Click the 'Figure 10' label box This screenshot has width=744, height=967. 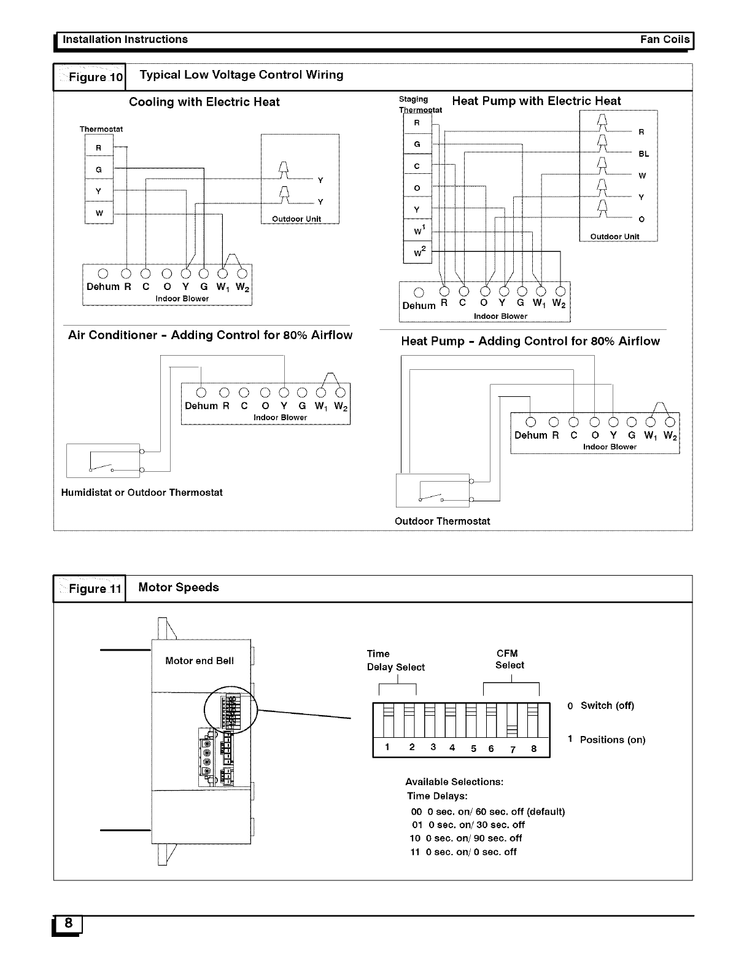(90, 77)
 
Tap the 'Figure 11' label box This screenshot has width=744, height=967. (90, 589)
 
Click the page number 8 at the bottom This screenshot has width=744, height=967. (68, 923)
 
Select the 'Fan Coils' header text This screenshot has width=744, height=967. (665, 39)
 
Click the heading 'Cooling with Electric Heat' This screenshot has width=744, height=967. (204, 102)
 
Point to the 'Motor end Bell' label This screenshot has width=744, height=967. (200, 661)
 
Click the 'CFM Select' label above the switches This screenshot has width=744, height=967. (510, 659)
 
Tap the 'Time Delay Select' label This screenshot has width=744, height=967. (395, 660)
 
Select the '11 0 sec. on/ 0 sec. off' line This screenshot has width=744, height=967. (463, 852)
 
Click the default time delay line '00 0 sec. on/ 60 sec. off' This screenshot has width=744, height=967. (487, 812)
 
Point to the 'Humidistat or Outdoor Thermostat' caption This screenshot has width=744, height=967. (142, 493)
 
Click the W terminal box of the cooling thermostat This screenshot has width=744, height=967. (99, 214)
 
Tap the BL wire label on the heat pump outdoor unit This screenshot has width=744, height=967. (643, 154)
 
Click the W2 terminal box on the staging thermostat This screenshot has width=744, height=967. (417, 251)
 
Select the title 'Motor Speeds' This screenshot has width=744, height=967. (179, 587)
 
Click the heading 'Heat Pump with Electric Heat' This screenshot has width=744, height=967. (536, 101)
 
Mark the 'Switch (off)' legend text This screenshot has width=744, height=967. (606, 705)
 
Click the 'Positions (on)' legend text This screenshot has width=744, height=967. (612, 740)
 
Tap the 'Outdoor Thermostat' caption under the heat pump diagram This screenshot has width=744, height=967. (442, 522)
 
